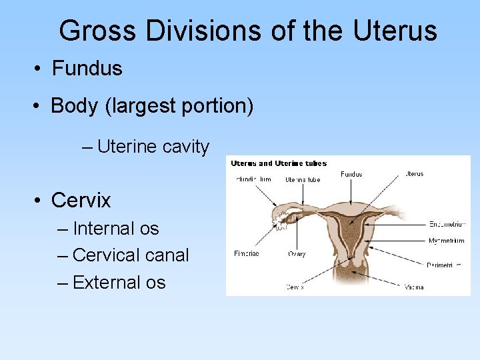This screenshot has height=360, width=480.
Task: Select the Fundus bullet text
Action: [87, 68]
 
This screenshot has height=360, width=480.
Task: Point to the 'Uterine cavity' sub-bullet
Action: [153, 147]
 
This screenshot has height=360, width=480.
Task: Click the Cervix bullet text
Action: [81, 200]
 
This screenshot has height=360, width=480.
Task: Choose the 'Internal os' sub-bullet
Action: [115, 228]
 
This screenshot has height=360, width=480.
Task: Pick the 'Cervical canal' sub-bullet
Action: [130, 255]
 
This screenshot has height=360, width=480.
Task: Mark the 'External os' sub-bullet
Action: [119, 282]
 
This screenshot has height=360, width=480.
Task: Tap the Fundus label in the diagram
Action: [351, 175]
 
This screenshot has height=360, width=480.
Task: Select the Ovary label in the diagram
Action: [297, 253]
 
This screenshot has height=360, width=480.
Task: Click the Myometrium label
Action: [446, 239]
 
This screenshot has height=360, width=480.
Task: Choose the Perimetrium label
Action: [445, 265]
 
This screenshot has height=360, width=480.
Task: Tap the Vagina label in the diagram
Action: [414, 287]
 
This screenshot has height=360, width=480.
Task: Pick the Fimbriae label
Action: [247, 253]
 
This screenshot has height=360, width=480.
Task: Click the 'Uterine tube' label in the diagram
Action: [303, 179]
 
